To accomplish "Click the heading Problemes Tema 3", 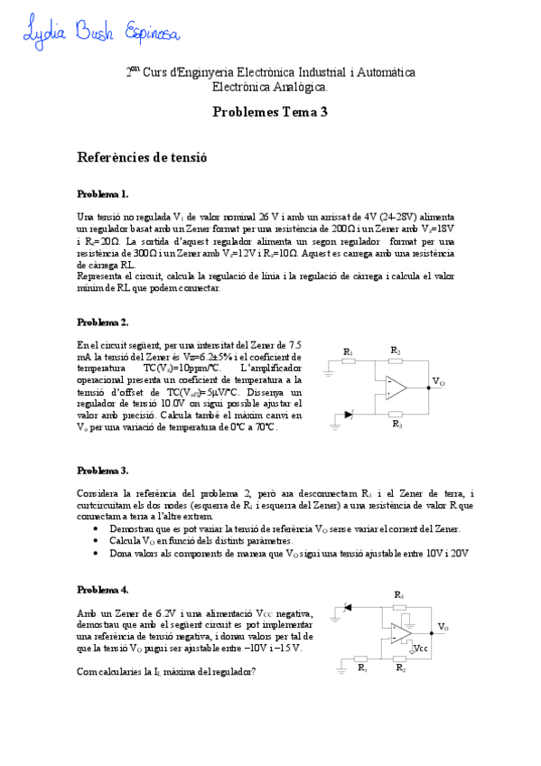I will click(270, 113).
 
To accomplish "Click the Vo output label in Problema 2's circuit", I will click(438, 383).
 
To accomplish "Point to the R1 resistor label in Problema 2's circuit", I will click(349, 351).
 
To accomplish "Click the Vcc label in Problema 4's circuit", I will click(419, 648).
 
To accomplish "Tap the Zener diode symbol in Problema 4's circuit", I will click(350, 608).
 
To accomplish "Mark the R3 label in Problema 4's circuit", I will click(398, 594).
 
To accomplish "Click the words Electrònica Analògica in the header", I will click(270, 88).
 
